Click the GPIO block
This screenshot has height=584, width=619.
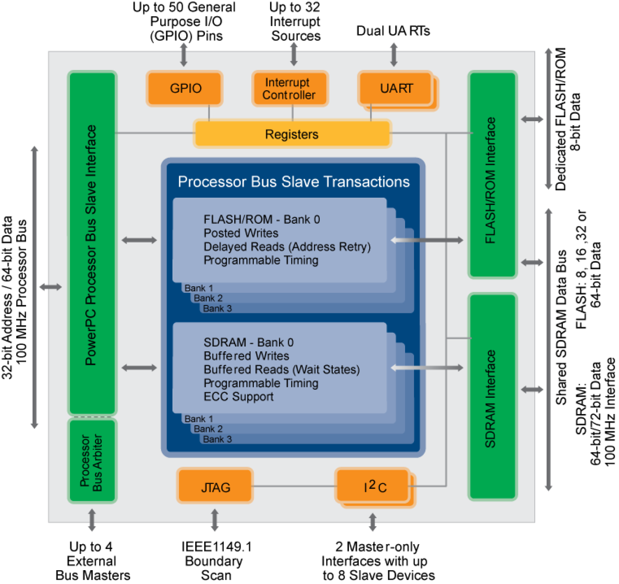point(185,88)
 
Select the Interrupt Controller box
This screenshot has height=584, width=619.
point(289,89)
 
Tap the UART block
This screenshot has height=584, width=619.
point(396,89)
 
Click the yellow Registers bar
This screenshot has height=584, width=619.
point(292,134)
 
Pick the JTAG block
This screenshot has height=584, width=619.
point(215,487)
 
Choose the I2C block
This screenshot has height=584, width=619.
point(374,487)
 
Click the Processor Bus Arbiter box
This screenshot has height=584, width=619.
point(92,462)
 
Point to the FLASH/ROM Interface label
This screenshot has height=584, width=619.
point(491,180)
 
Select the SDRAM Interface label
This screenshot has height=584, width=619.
point(491,398)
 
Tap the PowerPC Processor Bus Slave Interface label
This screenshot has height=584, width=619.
point(91,245)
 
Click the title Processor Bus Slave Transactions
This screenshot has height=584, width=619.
point(294,182)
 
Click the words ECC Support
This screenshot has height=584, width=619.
point(239,397)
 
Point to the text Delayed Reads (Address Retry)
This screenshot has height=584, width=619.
point(287,246)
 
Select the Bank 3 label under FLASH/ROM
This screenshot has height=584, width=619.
point(217,309)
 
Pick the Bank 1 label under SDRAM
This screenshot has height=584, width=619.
point(199,419)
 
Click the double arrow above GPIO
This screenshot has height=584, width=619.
point(184,54)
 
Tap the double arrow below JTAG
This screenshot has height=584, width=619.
point(215,520)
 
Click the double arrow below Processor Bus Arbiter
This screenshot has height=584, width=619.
point(92,520)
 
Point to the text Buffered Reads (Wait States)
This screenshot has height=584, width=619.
point(281,370)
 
